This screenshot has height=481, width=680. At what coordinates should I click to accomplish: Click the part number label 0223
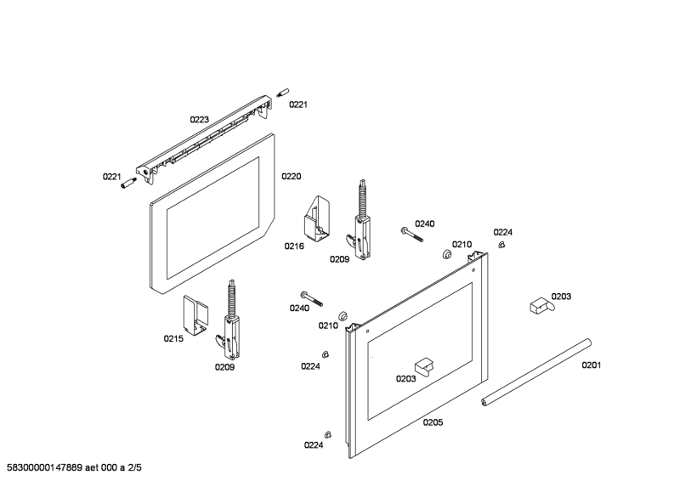tap(199, 120)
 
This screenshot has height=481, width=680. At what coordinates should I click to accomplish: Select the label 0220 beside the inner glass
tap(291, 177)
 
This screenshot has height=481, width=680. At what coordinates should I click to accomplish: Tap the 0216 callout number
tap(294, 246)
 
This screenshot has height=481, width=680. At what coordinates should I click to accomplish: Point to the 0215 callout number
tap(173, 338)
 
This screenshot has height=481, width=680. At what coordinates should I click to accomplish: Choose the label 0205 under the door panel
tap(433, 422)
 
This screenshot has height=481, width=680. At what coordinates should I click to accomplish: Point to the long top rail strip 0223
tap(208, 136)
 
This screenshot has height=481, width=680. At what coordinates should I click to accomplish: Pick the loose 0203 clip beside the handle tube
tap(537, 303)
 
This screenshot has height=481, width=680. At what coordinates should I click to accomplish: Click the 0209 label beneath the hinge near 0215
tap(224, 366)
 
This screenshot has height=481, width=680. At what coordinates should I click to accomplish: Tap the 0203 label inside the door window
tap(405, 379)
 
